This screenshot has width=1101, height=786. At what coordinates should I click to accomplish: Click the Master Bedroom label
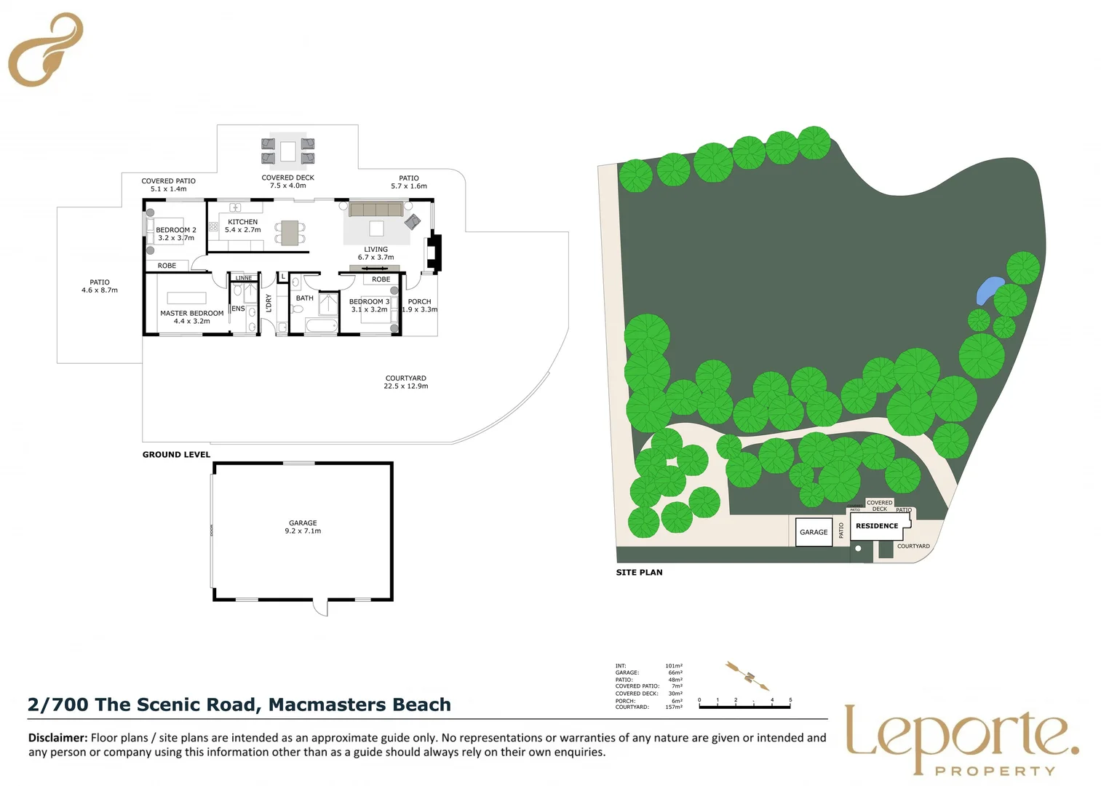click(191, 313)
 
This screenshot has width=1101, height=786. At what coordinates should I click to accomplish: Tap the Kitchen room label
click(242, 222)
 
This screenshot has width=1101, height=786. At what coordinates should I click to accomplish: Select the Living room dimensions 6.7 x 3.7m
click(375, 257)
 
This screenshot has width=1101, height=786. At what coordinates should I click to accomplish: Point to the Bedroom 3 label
click(369, 301)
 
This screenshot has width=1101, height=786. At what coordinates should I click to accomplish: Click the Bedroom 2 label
click(176, 230)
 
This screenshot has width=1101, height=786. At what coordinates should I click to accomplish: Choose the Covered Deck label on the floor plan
click(287, 178)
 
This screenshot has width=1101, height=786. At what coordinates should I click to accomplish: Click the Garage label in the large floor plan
click(303, 523)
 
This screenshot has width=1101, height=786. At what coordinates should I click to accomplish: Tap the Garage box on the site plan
click(814, 532)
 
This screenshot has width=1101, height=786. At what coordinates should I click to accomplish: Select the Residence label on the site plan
click(877, 525)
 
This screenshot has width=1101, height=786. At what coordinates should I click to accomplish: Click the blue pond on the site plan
click(989, 290)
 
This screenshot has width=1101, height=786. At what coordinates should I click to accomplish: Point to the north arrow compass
click(747, 676)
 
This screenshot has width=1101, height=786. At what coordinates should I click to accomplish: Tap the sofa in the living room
click(375, 210)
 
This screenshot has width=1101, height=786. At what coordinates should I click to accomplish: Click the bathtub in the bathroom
click(321, 325)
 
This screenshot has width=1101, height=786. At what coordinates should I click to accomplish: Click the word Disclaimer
click(57, 737)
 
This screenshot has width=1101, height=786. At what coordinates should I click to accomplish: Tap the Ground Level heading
click(176, 454)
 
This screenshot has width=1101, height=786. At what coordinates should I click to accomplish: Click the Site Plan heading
click(639, 572)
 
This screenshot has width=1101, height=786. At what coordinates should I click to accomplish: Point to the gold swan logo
click(45, 49)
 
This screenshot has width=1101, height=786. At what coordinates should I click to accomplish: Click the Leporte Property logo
click(961, 738)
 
